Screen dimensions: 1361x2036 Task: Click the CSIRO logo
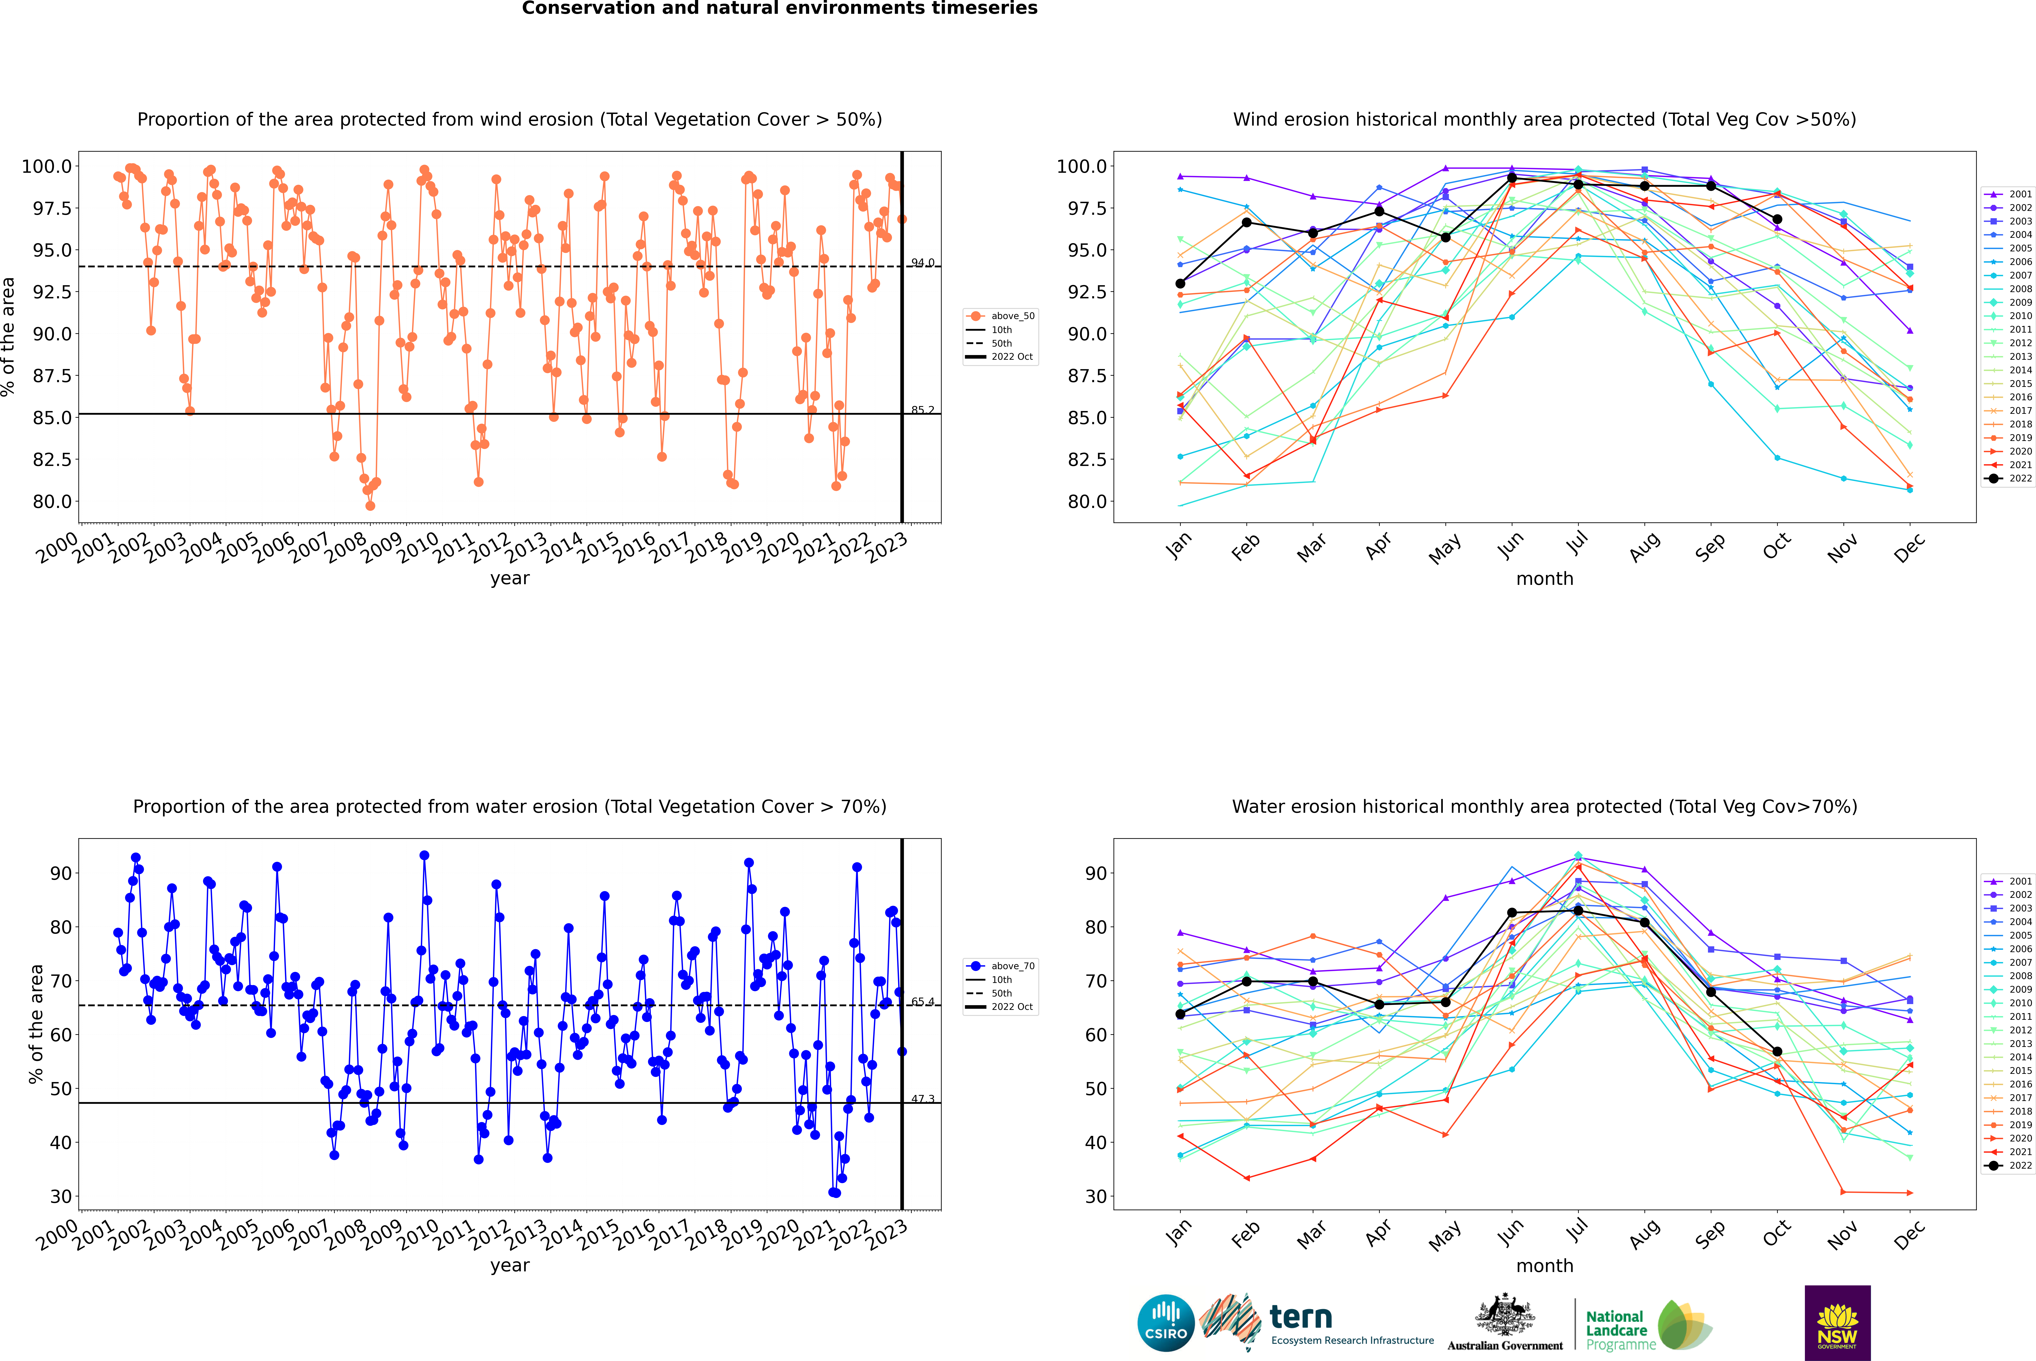pos(1166,1323)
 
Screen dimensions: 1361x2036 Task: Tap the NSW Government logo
pos(1837,1323)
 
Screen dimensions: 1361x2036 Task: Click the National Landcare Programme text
pos(1616,1331)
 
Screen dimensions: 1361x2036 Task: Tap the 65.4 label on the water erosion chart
pos(922,1002)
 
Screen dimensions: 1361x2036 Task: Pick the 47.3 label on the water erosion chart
pos(922,1099)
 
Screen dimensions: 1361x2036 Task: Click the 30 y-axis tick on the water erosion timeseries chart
pos(61,1196)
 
